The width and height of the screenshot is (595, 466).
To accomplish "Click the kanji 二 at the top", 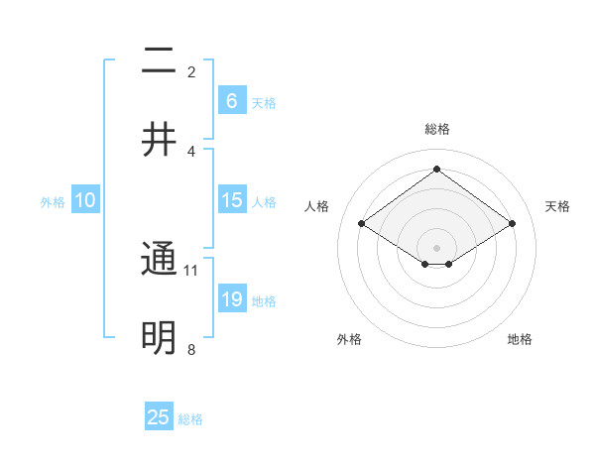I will pyautogui.click(x=159, y=61).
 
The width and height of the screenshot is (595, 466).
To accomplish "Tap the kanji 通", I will pyautogui.click(x=159, y=260).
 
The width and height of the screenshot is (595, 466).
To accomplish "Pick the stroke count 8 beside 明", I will pyautogui.click(x=191, y=349).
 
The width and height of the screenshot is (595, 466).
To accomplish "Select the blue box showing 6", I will pyautogui.click(x=231, y=101).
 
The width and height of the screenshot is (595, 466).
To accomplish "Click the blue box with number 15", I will pyautogui.click(x=231, y=200).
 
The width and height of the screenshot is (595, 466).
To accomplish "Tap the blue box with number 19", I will pyautogui.click(x=231, y=299).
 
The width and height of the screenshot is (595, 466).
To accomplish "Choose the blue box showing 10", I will pyautogui.click(x=85, y=200).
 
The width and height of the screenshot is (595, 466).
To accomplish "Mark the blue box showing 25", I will pyautogui.click(x=159, y=417).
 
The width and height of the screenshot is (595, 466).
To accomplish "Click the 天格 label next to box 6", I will pyautogui.click(x=264, y=103).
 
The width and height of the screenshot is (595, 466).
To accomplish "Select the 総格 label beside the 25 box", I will pyautogui.click(x=190, y=419).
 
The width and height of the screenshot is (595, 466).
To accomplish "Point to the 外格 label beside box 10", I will pyautogui.click(x=53, y=202).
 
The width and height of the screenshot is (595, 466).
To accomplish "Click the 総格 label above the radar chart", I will pyautogui.click(x=436, y=129).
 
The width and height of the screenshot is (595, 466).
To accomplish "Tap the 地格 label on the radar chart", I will pyautogui.click(x=520, y=339).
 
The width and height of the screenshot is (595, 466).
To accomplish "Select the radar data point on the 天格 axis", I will pyautogui.click(x=512, y=224).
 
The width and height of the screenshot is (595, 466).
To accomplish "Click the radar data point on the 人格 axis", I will pyautogui.click(x=361, y=224).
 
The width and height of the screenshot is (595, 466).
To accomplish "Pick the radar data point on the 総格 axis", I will pyautogui.click(x=436, y=170).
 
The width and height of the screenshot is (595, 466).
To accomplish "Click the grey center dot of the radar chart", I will pyautogui.click(x=436, y=246).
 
